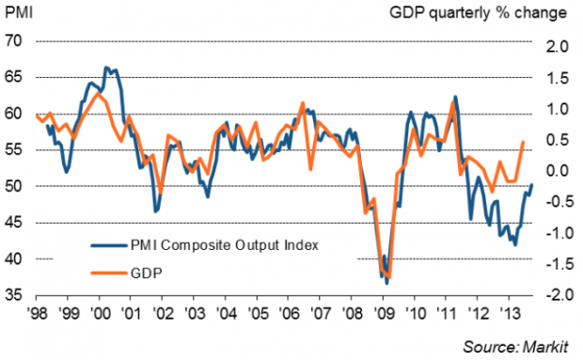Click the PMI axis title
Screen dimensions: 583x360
(19, 12)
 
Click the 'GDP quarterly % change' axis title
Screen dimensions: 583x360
(478, 13)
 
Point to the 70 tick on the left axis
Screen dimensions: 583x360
(14, 40)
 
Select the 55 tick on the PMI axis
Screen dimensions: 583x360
(14, 150)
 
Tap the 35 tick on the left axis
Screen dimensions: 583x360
(14, 295)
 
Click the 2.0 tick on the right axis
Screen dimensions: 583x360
(557, 47)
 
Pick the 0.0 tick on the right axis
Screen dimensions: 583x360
(557, 171)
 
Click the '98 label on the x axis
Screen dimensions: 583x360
(37, 313)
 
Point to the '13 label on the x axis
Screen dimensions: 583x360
(509, 313)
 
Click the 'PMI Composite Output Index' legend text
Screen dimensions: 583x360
(225, 245)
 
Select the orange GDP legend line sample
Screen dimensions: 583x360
(109, 274)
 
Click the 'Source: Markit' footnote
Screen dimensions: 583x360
(515, 347)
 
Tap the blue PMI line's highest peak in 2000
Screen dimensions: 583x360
(106, 68)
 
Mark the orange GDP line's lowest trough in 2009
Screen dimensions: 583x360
(389, 277)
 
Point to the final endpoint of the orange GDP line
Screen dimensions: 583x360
(523, 142)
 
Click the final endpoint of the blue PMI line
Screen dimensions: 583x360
(531, 184)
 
